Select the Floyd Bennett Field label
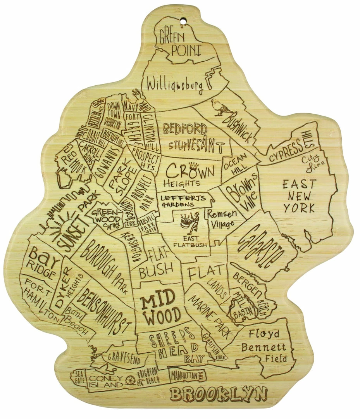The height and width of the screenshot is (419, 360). pyautogui.click(x=264, y=346)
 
